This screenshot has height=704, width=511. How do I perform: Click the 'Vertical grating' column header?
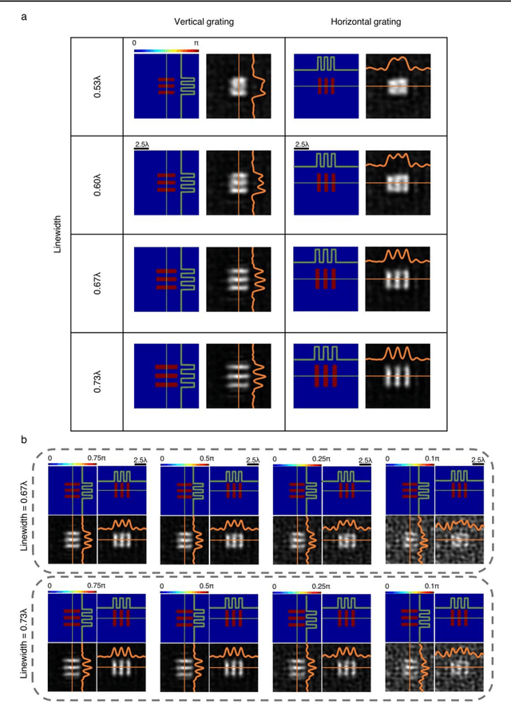(x=204, y=22)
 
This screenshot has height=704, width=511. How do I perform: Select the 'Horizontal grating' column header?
(x=366, y=22)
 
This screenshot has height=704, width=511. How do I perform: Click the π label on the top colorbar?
(x=196, y=42)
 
